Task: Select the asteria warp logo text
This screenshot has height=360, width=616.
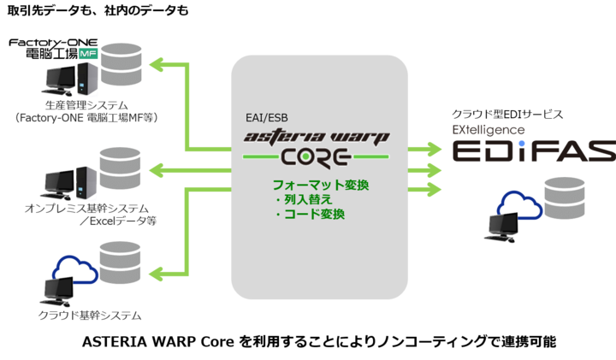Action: click(x=316, y=136)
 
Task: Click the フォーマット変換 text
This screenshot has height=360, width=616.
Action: click(x=315, y=184)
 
